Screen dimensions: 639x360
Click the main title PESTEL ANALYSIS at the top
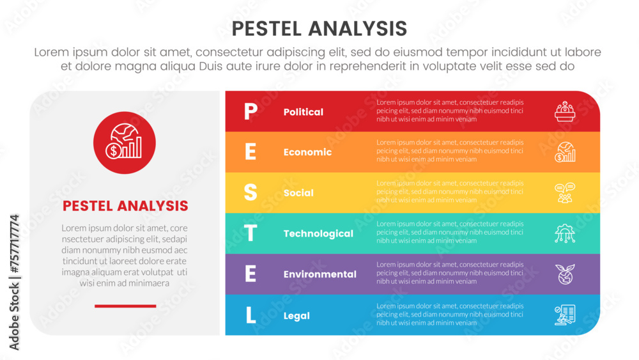click(x=319, y=29)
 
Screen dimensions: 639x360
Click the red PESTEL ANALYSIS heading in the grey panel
click(x=125, y=206)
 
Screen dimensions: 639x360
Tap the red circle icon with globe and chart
click(x=125, y=143)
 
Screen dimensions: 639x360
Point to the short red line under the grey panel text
click(x=125, y=306)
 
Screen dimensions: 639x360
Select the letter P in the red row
click(x=250, y=111)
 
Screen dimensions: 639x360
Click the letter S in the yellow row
click(x=250, y=192)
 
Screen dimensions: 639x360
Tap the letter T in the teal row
click(x=250, y=233)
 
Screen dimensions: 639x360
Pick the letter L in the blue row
click(x=250, y=315)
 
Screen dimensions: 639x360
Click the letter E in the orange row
click(x=250, y=152)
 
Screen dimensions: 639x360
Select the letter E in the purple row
click(x=250, y=274)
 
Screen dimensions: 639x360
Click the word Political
click(x=303, y=112)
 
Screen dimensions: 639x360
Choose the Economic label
click(x=308, y=152)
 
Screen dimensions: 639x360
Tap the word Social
click(x=298, y=193)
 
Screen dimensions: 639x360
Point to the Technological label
click(x=318, y=233)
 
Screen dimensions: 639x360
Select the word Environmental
click(x=320, y=274)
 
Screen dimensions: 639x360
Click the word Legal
click(x=296, y=316)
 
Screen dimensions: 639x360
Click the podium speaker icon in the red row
click(x=565, y=111)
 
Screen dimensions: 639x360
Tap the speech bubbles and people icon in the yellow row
click(x=565, y=193)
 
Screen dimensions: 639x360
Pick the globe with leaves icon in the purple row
click(x=565, y=274)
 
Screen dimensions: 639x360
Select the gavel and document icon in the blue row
click(x=565, y=315)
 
